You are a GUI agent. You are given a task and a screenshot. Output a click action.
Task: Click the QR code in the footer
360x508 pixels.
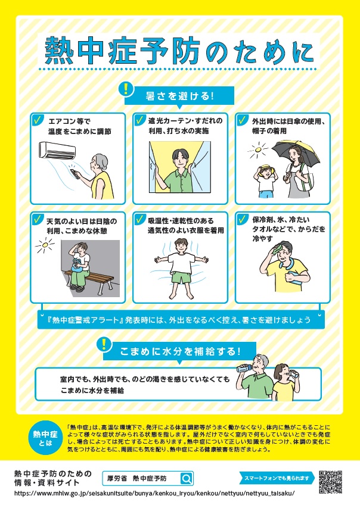[x=331, y=481]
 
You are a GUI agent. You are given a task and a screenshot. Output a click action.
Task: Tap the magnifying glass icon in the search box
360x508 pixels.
[x=186, y=478]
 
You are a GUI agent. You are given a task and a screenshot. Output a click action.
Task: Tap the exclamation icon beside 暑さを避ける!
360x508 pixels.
[x=126, y=89]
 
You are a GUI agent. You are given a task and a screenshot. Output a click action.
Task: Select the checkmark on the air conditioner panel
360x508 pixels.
[x=38, y=120]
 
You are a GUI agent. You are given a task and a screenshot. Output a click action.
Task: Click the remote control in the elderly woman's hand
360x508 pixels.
[x=75, y=173]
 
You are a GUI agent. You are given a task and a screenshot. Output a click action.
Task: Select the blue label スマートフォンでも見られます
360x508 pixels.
[x=278, y=478]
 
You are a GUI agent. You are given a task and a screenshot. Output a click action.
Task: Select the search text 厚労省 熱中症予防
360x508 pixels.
[x=141, y=478]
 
